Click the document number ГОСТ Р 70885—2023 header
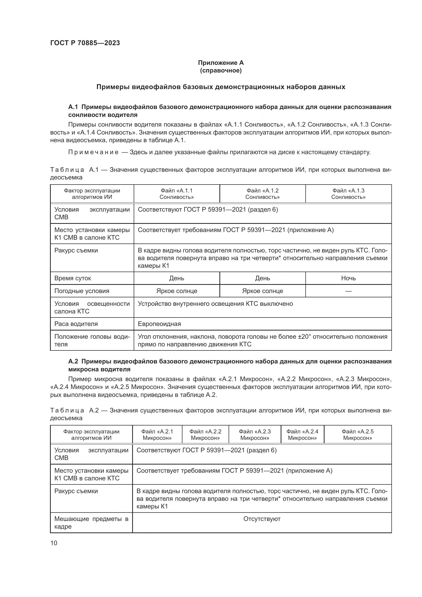[85, 43]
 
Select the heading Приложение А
[221, 63]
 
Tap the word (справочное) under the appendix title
[221, 70]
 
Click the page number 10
[54, 543]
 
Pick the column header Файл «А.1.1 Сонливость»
[177, 194]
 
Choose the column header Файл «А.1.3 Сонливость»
[348, 194]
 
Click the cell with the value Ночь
[348, 278]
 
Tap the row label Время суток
[73, 278]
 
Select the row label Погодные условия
[82, 291]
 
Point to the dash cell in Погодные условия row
[348, 291]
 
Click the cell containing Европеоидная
[159, 324]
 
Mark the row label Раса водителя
[76, 324]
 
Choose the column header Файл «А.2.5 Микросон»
[357, 434]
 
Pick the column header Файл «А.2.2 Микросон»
[205, 434]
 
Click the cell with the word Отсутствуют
[262, 519]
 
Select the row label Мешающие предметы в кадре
[91, 523]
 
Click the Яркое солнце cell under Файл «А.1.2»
[263, 291]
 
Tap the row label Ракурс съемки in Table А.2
[76, 491]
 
